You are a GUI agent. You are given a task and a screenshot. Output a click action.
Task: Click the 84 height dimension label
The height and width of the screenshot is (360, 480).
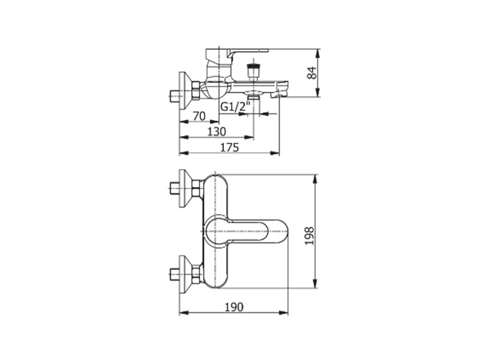pyautogui.click(x=312, y=73)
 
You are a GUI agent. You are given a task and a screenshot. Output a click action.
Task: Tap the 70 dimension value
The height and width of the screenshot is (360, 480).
pyautogui.click(x=199, y=116)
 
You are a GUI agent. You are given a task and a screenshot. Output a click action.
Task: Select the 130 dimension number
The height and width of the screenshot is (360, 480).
pyautogui.click(x=217, y=131)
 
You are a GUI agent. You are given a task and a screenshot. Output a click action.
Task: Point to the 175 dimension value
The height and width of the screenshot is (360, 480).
pyautogui.click(x=230, y=148)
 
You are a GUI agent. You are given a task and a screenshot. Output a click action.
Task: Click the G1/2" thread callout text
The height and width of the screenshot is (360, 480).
pyautogui.click(x=236, y=107)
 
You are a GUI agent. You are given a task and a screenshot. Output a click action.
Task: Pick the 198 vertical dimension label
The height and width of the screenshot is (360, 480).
pyautogui.click(x=310, y=236)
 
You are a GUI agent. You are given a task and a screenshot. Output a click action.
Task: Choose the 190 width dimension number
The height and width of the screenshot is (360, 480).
pyautogui.click(x=234, y=307)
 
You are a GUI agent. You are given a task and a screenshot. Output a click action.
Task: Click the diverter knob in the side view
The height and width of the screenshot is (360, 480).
pyautogui.click(x=253, y=71)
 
